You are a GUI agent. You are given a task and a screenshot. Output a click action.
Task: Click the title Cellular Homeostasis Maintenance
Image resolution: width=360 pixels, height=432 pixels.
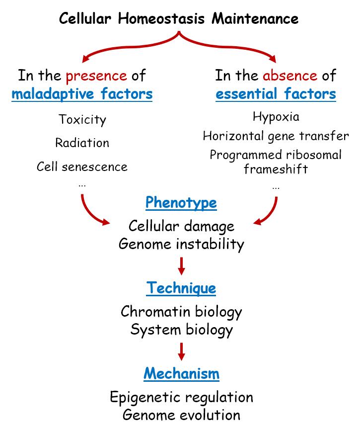179,19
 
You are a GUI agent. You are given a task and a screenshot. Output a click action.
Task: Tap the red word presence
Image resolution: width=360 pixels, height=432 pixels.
96,76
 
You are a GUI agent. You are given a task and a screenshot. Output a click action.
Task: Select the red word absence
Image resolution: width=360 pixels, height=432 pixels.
289,76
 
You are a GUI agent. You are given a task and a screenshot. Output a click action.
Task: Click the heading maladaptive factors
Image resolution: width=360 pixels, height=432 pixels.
82,93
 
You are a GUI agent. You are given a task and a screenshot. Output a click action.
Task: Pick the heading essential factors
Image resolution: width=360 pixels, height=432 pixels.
276,93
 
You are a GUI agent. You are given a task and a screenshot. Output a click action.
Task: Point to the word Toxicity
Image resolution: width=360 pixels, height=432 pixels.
82,119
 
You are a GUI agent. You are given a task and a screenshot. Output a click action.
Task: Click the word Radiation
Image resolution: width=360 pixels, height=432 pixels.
82,143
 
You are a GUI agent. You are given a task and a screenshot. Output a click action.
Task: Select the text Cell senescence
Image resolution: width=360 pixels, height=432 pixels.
82,166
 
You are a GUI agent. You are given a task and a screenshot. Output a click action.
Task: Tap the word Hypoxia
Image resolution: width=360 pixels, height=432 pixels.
276,117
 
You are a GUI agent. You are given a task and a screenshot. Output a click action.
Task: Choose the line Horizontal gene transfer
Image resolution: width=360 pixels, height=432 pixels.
276,136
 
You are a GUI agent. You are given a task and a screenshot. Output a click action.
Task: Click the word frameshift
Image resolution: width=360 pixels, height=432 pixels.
276,169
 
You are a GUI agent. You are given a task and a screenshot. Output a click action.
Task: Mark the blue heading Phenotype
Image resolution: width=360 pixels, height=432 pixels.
181,203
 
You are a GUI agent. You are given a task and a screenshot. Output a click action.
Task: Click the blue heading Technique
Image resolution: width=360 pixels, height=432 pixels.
181,288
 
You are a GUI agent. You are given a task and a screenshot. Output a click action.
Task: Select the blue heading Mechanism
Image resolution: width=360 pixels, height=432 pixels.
181,374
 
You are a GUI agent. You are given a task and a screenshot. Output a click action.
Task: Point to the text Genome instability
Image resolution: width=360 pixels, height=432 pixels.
181,244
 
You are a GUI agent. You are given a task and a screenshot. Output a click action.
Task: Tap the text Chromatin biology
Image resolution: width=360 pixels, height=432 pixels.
181,312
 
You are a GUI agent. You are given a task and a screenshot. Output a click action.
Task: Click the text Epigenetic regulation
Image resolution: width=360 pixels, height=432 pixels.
181,397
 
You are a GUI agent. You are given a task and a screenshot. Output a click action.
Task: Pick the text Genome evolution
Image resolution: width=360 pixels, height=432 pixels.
181,415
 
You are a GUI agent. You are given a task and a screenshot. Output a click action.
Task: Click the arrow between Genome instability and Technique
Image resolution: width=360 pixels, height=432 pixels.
181,266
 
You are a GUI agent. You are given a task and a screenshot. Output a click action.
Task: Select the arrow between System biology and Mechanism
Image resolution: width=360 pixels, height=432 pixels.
181,351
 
